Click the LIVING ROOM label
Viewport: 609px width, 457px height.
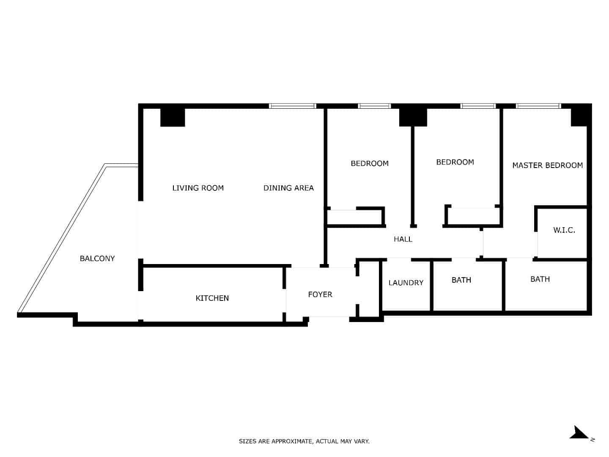[198, 188]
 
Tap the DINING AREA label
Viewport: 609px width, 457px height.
[288, 188]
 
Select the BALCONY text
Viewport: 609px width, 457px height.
[97, 259]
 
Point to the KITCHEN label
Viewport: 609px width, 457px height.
[212, 298]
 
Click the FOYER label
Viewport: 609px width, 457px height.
[320, 295]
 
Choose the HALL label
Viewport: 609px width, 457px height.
[403, 240]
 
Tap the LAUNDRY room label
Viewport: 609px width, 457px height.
[406, 283]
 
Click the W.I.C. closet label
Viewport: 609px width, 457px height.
[564, 230]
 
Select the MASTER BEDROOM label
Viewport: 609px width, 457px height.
[548, 165]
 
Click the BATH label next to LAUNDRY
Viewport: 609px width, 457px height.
[461, 280]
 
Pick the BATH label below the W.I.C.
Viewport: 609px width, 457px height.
[540, 279]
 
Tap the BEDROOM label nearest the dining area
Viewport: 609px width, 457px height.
[370, 163]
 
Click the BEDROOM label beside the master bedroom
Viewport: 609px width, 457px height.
[455, 162]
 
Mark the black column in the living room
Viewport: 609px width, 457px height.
[173, 117]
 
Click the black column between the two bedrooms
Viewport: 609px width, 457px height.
[413, 117]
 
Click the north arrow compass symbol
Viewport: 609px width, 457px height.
[579, 433]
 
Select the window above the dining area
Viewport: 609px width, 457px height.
[293, 106]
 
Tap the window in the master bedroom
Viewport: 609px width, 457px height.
[538, 106]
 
